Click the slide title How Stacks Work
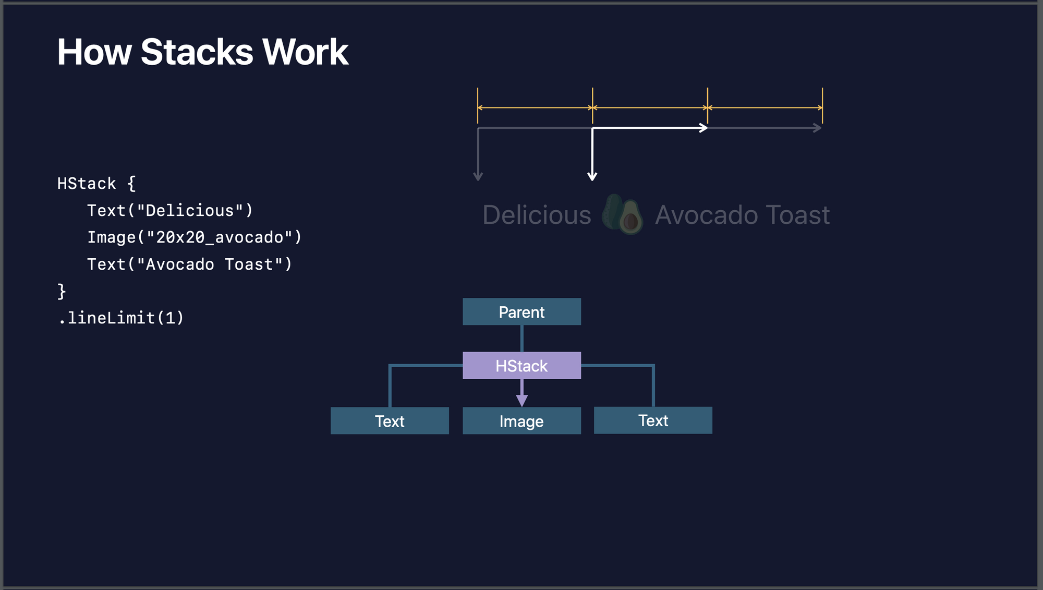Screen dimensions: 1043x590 click(x=202, y=52)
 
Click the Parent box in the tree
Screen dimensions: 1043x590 click(x=521, y=311)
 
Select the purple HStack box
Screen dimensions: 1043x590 click(x=521, y=365)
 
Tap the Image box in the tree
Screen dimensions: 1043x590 click(x=521, y=420)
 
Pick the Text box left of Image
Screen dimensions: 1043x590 click(x=390, y=420)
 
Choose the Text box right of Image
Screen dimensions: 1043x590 click(x=653, y=420)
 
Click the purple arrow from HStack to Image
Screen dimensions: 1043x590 click(x=521, y=393)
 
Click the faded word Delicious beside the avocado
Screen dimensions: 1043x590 click(x=537, y=215)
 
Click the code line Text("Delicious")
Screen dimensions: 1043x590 click(x=170, y=211)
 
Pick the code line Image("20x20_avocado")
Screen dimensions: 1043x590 click(x=195, y=237)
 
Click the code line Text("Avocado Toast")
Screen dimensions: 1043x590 click(x=190, y=264)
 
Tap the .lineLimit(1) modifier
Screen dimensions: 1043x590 click(x=121, y=318)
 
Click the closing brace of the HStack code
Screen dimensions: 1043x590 click(x=62, y=291)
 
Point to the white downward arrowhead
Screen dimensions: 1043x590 click(x=592, y=176)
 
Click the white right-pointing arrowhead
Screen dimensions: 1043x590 click(x=704, y=128)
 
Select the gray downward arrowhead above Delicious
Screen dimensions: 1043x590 click(x=478, y=176)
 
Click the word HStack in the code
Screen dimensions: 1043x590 click(x=87, y=184)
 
